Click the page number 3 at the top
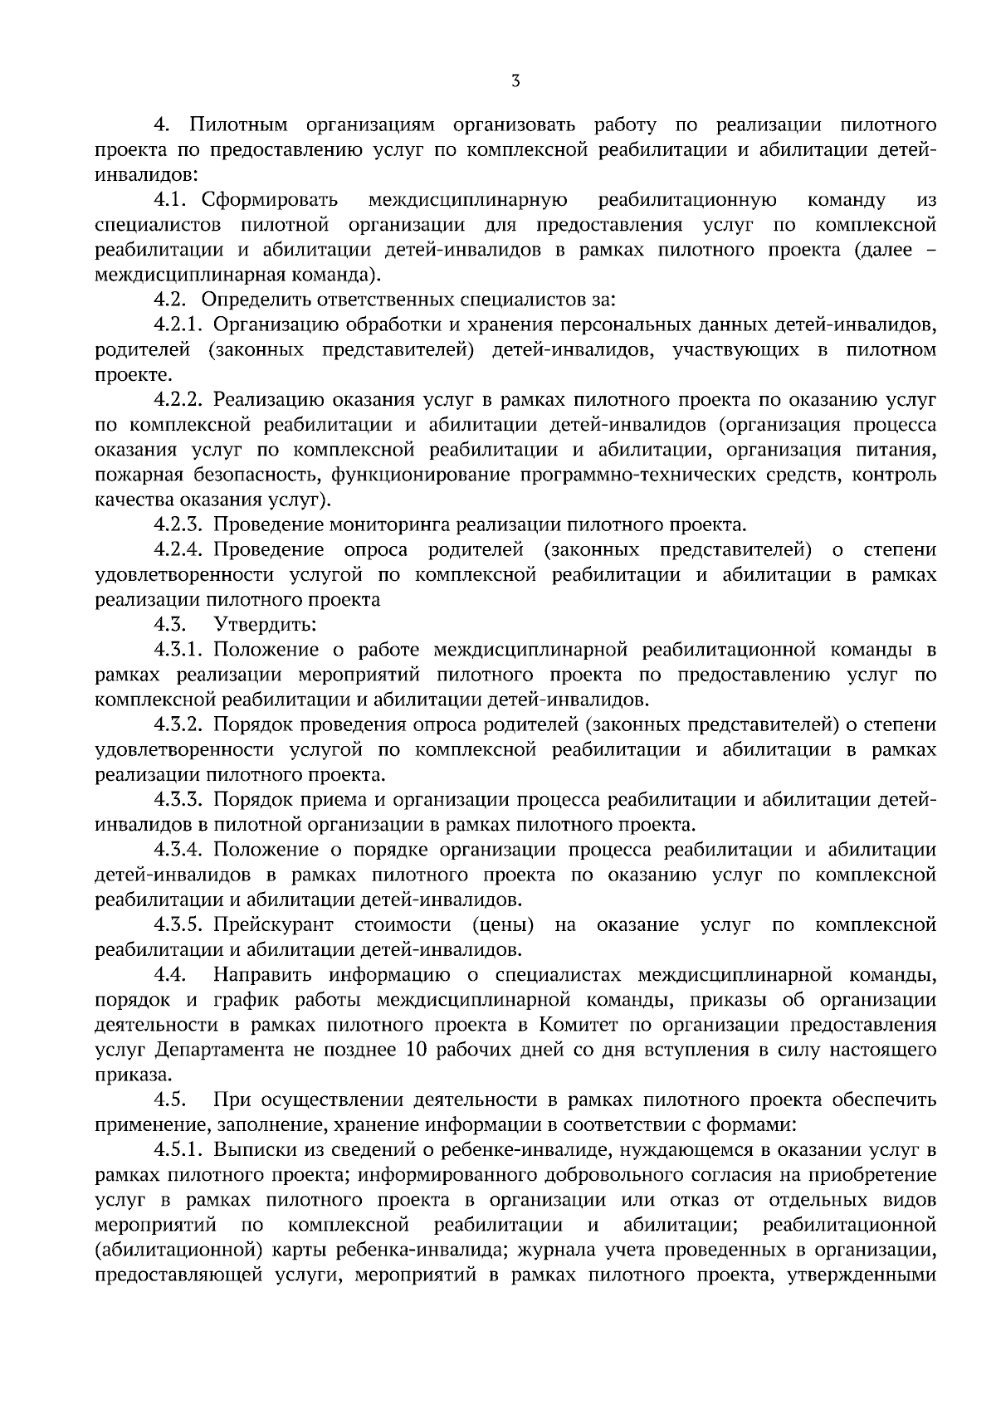pyautogui.click(x=515, y=80)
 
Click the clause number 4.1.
pyautogui.click(x=172, y=200)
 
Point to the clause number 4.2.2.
pyautogui.click(x=178, y=400)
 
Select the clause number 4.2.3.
pyautogui.click(x=178, y=524)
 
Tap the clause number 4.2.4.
pyautogui.click(x=178, y=549)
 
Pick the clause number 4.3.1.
pyautogui.click(x=178, y=649)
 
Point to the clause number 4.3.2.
pyautogui.click(x=178, y=724)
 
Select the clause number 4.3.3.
pyautogui.click(x=178, y=800)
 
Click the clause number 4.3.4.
pyautogui.click(x=178, y=850)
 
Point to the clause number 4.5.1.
pyautogui.click(x=178, y=1150)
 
